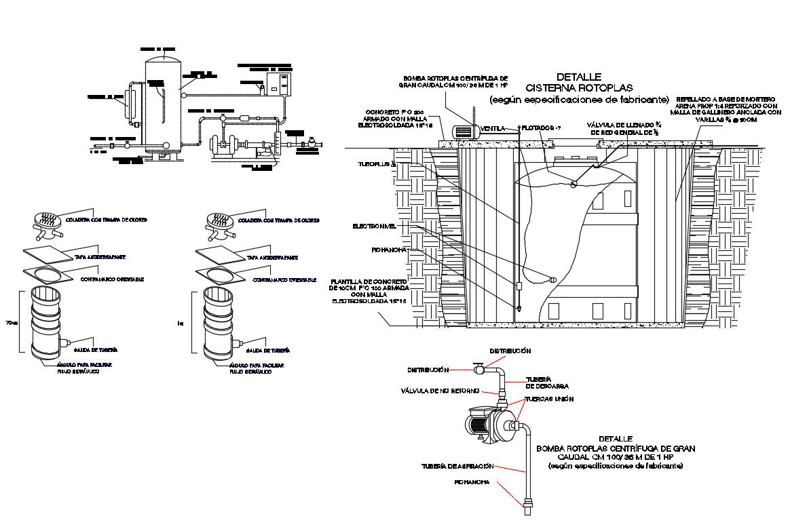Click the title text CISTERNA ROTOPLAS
coord(578,88)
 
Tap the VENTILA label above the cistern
coord(492,128)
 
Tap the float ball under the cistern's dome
coord(575,183)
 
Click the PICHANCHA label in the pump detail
coord(472,482)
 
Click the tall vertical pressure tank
coord(163,105)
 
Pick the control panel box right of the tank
coord(278,83)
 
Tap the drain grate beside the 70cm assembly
coord(47,221)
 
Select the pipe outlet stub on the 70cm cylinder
coord(65,340)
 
